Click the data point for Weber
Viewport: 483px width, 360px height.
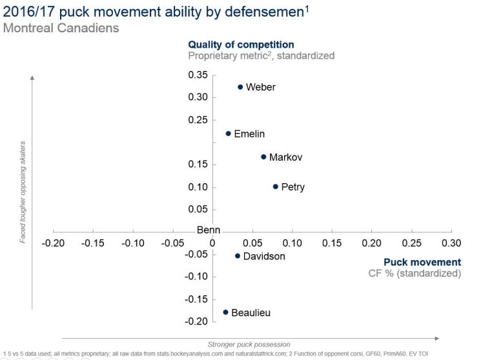tap(240, 87)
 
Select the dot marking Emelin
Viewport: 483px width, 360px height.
tap(228, 134)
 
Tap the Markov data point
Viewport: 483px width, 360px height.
tap(263, 157)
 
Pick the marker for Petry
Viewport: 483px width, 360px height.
tap(276, 187)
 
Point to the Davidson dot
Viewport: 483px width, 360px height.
tap(238, 256)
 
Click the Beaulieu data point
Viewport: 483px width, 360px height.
tap(225, 312)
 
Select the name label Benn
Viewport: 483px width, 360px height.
tap(209, 230)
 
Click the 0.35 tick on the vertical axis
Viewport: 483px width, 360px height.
tap(198, 75)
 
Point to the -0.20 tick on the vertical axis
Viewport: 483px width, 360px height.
tap(197, 321)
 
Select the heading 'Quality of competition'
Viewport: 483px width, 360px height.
tap(241, 45)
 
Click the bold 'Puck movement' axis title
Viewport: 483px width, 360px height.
tap(422, 262)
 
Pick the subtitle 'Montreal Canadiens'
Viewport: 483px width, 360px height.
tap(61, 28)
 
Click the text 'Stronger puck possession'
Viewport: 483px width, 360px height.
tap(249, 345)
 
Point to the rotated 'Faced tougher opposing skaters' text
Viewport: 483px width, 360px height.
tap(23, 192)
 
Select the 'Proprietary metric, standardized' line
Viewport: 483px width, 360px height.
tap(262, 56)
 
